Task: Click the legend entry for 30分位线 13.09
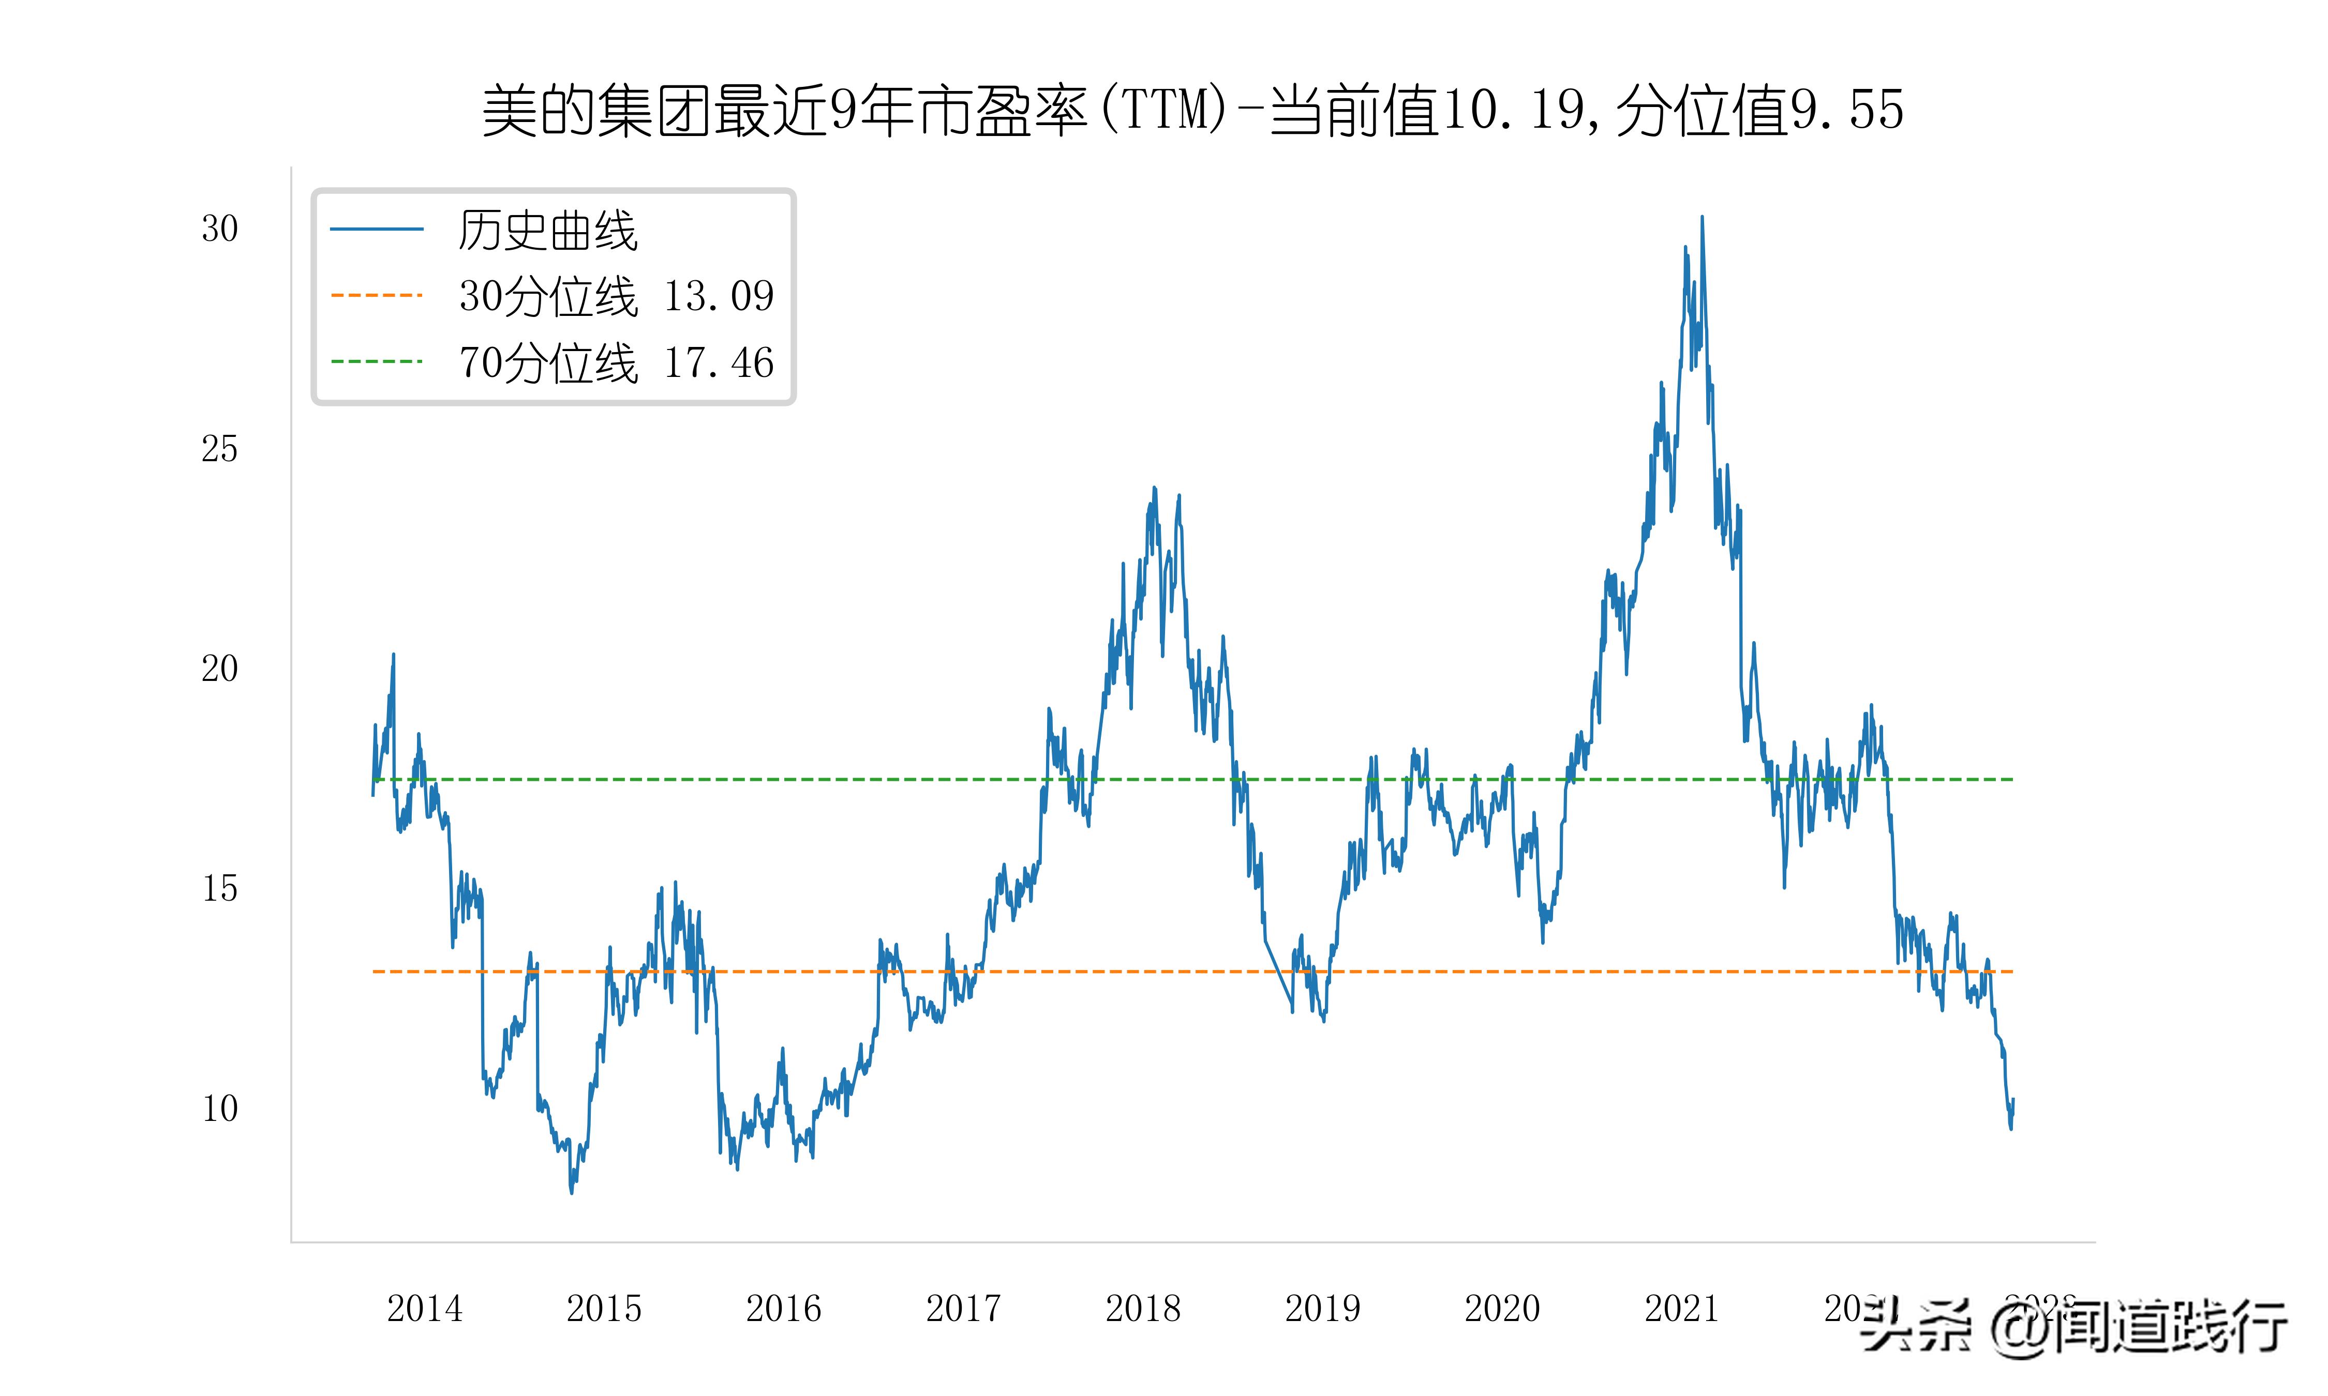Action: (616, 296)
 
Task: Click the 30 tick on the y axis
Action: (219, 229)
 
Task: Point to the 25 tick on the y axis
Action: (219, 449)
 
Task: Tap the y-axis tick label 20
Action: (219, 669)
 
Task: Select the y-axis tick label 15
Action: (219, 889)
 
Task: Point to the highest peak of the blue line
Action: (1702, 217)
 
